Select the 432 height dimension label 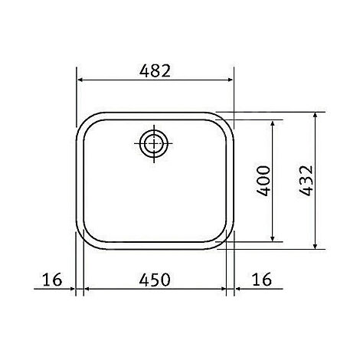coord(306,181)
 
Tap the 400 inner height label coord(263,180)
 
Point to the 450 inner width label coord(155,280)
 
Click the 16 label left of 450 coord(52,280)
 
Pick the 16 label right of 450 coord(261,280)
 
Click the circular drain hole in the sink coord(153,142)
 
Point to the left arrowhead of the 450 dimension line coord(86,291)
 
